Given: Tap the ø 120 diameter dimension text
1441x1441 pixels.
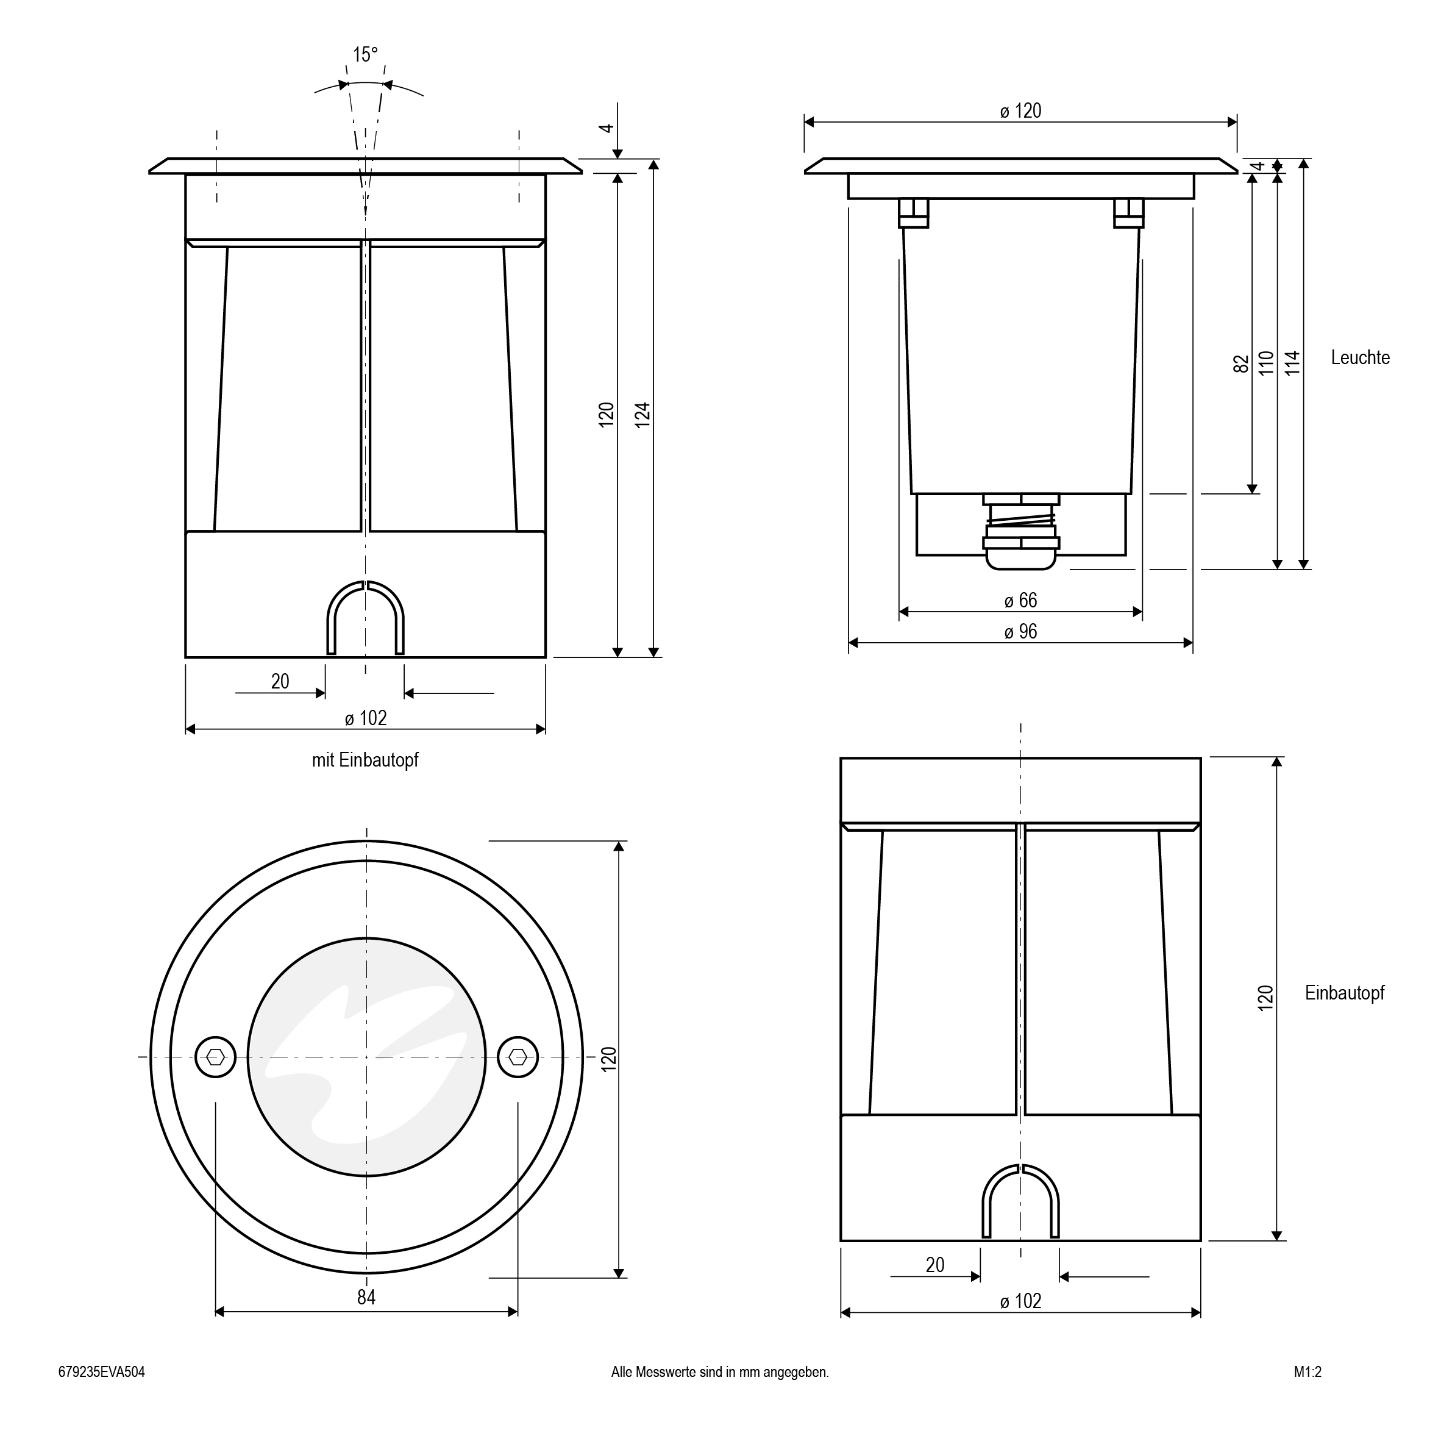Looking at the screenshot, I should (x=1020, y=111).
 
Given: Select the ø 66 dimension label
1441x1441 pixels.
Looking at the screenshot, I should (x=1020, y=601).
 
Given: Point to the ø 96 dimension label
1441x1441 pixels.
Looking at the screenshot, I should (x=1020, y=632).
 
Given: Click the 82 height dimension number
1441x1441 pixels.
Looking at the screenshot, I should (x=1241, y=364).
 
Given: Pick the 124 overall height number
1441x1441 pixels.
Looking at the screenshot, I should (x=643, y=415).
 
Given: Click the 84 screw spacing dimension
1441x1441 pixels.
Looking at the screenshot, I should (x=366, y=1298).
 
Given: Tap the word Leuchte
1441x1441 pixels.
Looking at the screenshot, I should (x=1360, y=357).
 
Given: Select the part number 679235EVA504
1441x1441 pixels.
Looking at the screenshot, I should (x=101, y=1372).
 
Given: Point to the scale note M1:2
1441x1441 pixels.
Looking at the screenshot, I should (x=1308, y=1372).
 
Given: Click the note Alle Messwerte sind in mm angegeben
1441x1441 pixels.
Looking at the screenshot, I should (x=720, y=1372).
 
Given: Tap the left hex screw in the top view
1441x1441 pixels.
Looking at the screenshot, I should (x=216, y=1057).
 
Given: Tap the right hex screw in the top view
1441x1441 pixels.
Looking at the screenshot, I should (x=518, y=1057).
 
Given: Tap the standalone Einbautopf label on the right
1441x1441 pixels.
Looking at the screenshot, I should (x=1344, y=993).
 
